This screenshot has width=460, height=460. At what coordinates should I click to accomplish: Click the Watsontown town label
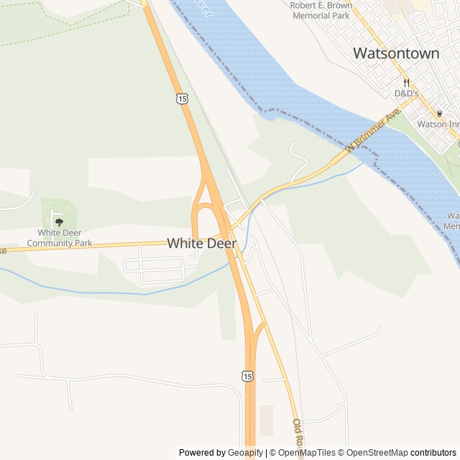point(396,53)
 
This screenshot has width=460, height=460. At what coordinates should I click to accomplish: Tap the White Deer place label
point(202,244)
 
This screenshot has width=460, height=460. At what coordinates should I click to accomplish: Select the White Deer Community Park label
point(60,238)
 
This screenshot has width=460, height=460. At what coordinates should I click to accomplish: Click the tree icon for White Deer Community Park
point(60,222)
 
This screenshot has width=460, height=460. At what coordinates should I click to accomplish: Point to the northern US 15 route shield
point(182,98)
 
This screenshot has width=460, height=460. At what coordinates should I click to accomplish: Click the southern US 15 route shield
point(247,376)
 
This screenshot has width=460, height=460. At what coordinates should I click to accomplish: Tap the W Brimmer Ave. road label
point(372,132)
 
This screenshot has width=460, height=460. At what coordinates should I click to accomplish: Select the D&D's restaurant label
point(406,93)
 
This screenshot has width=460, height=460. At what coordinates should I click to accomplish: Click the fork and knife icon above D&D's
point(406,82)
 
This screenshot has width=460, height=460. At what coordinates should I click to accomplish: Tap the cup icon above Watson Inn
point(440,113)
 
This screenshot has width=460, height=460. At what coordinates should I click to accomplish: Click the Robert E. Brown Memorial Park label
point(321,10)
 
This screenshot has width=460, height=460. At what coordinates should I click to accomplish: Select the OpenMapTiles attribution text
point(305,453)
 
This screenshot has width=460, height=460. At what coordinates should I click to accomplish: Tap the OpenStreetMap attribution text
point(377,453)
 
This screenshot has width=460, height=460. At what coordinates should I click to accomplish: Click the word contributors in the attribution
point(433,453)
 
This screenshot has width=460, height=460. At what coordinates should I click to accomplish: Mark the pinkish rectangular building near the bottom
point(267,420)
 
